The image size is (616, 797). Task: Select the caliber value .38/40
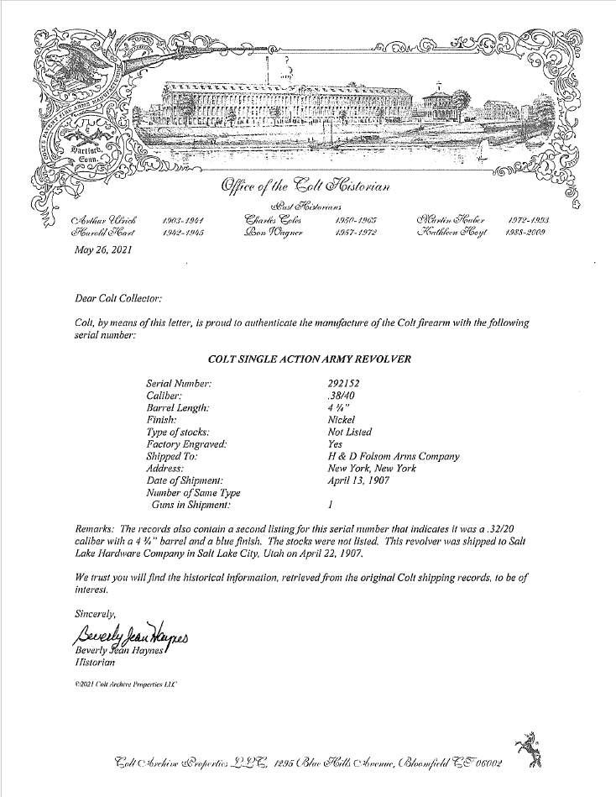coord(341,396)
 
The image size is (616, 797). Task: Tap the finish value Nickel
coord(341,420)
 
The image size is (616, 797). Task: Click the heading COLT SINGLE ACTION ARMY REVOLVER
coord(309,359)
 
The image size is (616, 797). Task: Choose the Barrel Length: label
coord(178,408)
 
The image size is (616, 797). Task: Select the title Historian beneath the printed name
coord(94,663)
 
